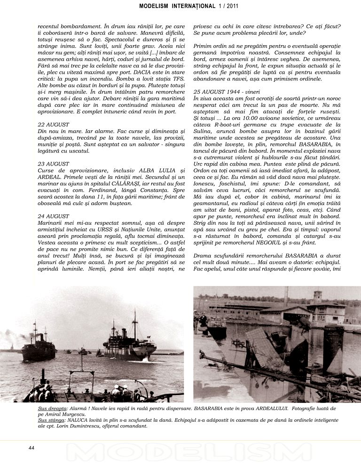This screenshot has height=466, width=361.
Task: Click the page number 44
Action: coord(31,448)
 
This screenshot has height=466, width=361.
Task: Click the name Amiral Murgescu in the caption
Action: coord(58,415)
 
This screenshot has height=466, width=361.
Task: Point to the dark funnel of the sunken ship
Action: coord(333,348)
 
